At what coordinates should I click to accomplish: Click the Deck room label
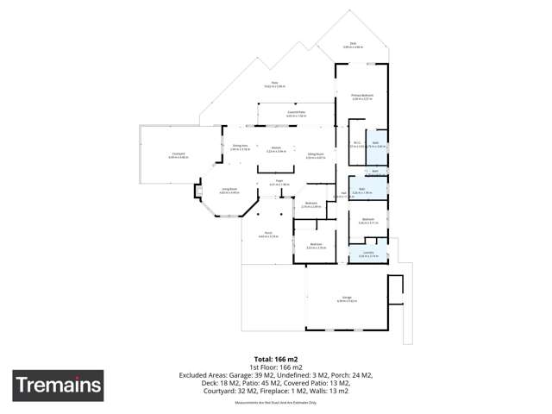[353, 43]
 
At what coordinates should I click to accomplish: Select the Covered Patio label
[297, 113]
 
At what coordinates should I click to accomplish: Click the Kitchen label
[276, 149]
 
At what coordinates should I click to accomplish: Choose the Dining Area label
[240, 147]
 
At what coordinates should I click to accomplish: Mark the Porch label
[267, 235]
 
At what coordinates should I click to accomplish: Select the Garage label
[346, 298]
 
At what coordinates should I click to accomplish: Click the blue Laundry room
[368, 254]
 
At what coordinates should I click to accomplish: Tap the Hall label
[343, 194]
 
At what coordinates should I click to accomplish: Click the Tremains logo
[58, 385]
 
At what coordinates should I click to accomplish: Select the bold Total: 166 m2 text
[275, 358]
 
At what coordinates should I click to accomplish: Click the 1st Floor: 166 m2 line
[275, 367]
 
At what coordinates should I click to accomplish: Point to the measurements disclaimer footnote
[275, 402]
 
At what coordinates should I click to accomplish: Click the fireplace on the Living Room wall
[198, 191]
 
